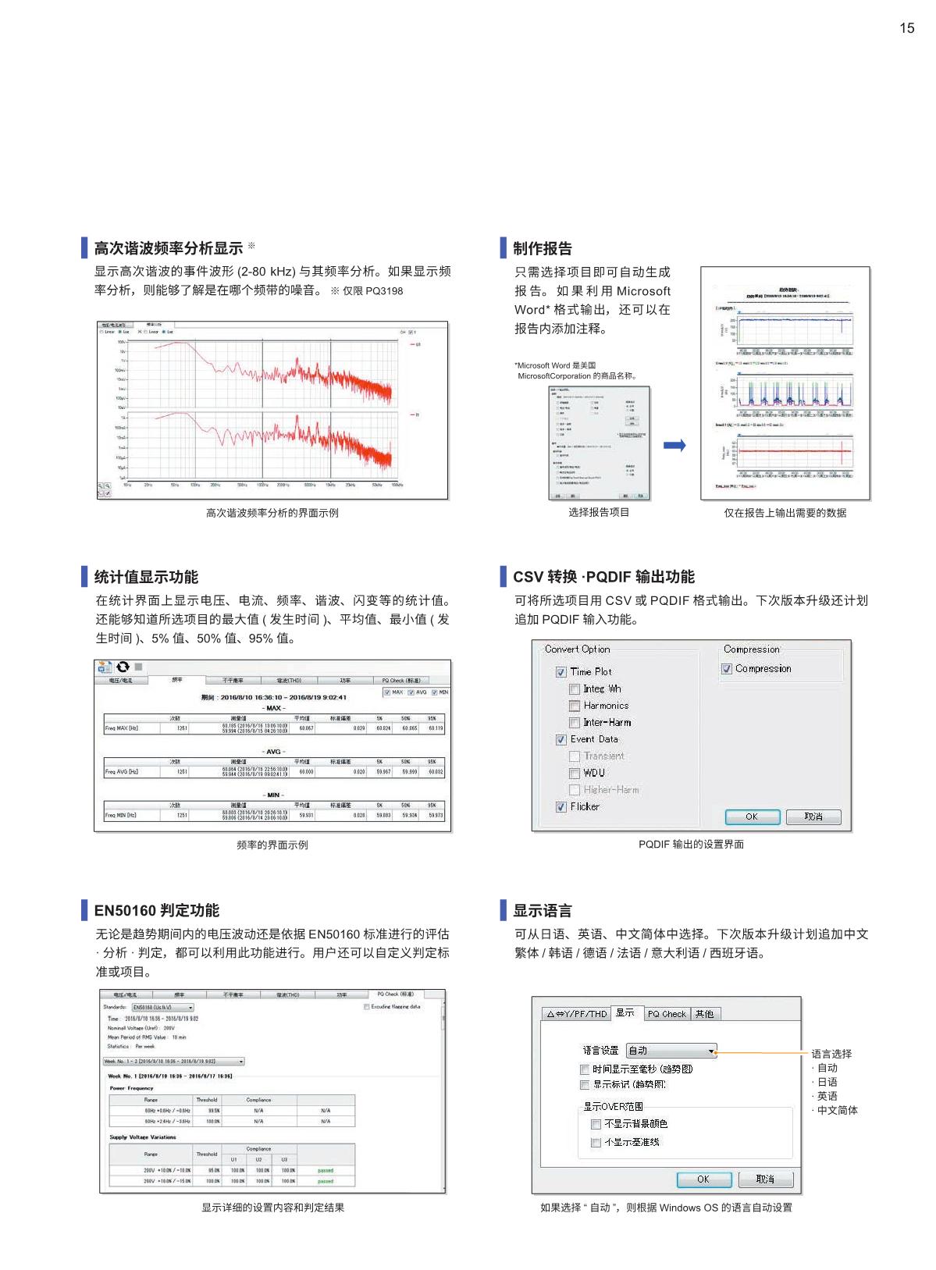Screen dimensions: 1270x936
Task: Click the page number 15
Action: (906, 28)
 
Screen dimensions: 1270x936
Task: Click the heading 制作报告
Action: (543, 248)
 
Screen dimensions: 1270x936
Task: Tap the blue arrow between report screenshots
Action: (674, 446)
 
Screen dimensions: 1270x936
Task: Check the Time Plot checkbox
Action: (561, 672)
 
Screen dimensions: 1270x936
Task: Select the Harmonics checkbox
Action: (575, 706)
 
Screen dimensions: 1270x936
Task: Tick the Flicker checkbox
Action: (561, 807)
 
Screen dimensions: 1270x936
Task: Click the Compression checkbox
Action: (727, 669)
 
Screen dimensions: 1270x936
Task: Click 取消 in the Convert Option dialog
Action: (813, 816)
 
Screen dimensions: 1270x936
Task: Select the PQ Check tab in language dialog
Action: (667, 1014)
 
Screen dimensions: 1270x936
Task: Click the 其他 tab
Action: (704, 1014)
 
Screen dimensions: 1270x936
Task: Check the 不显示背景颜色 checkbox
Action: (596, 1124)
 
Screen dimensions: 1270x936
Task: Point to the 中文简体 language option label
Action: (837, 1110)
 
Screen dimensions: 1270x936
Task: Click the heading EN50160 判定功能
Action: (156, 910)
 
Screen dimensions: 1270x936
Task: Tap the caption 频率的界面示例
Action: (272, 845)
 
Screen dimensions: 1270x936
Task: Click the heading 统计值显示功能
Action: (146, 577)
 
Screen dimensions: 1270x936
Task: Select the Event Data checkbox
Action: (561, 739)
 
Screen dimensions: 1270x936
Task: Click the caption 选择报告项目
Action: (599, 512)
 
